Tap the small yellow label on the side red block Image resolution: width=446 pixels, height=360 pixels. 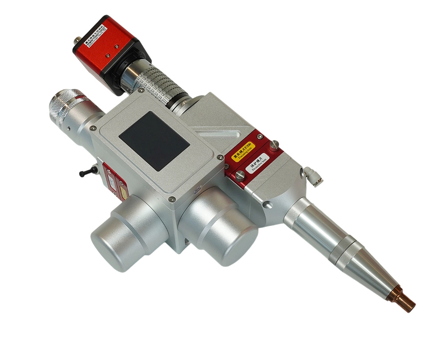pos(123,191)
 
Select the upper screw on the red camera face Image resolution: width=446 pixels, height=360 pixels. pos(116,46)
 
